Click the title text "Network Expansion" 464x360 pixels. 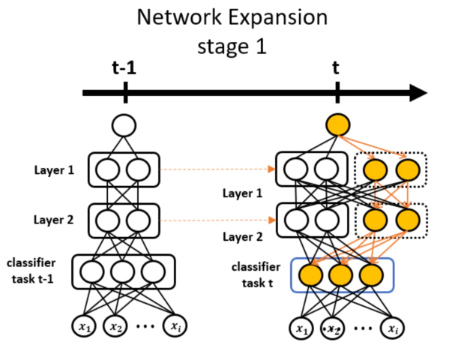tap(232, 18)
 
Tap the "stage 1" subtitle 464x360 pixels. tap(232, 46)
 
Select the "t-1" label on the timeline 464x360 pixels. tap(124, 67)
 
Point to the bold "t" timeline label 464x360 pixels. tap(336, 67)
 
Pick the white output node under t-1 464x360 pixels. tap(124, 125)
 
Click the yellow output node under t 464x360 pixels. tap(338, 124)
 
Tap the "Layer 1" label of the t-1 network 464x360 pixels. tap(54, 170)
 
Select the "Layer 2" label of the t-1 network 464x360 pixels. tap(53, 220)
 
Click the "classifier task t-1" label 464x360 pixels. tap(31, 271)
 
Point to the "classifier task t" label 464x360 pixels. tap(256, 275)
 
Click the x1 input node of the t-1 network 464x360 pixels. tap(85, 325)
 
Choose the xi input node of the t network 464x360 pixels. tap(392, 328)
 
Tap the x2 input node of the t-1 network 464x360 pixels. tap(115, 325)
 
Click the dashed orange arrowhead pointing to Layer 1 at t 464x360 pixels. tap(271, 169)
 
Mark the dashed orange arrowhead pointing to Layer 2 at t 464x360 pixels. tap(271, 220)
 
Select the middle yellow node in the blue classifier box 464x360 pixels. tap(341, 275)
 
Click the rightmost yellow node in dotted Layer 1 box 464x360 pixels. tap(408, 169)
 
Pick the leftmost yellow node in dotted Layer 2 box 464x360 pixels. tap(376, 220)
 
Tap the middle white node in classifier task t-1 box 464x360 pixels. tap(123, 271)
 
